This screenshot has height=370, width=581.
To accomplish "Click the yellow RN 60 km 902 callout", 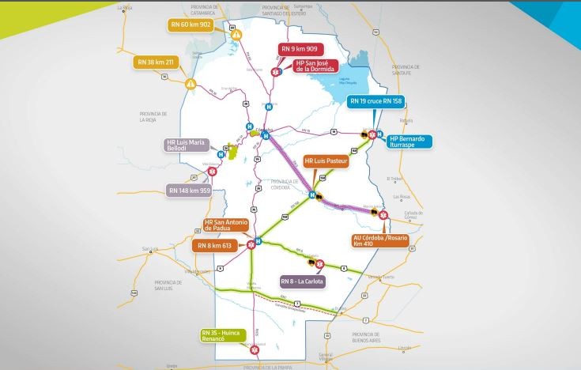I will (191, 25).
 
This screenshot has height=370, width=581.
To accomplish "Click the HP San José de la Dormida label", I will (315, 66).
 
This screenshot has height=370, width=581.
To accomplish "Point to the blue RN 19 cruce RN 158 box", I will (376, 100).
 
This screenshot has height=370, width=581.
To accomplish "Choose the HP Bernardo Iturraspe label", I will (408, 142).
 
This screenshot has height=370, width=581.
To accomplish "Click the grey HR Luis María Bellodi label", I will (186, 145).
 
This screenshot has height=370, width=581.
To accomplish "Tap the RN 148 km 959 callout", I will (189, 190).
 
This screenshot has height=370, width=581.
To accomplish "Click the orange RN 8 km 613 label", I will (216, 246).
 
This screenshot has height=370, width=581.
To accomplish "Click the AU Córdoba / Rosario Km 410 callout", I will (382, 240).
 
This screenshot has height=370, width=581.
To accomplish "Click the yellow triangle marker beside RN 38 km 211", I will (190, 83).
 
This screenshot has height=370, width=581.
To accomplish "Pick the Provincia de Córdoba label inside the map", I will (286, 184).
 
